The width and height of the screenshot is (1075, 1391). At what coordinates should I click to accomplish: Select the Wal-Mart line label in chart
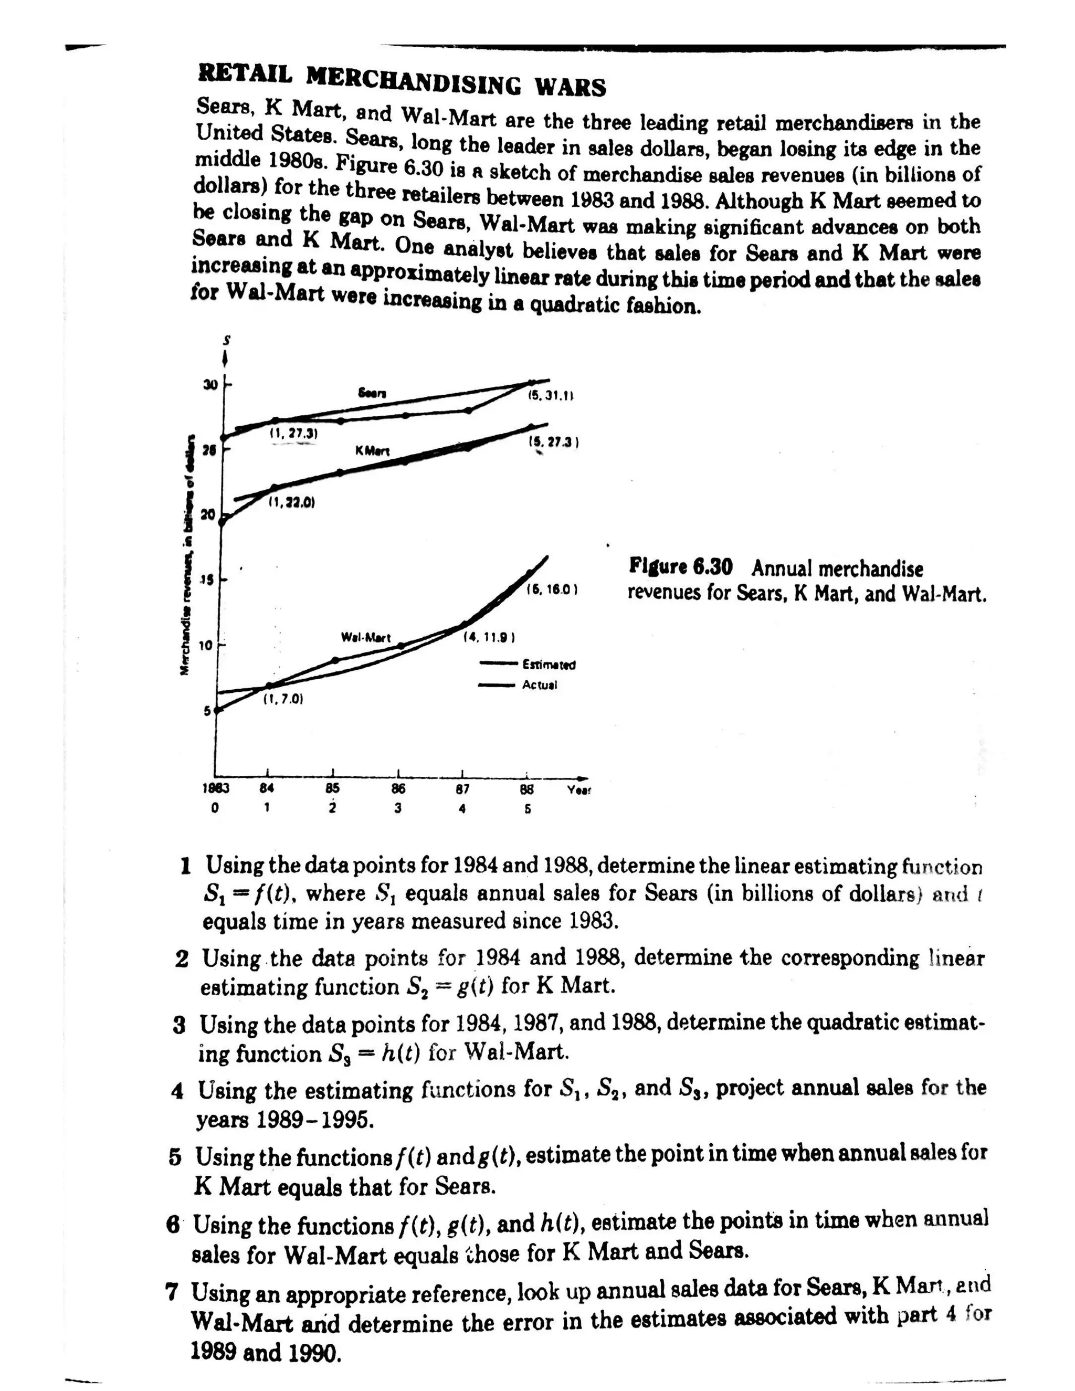[x=365, y=637]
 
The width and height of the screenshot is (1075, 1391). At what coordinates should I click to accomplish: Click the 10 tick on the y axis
[x=205, y=645]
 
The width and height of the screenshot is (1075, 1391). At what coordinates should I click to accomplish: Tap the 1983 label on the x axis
[x=215, y=788]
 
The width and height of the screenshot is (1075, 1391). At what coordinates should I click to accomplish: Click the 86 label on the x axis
[x=397, y=788]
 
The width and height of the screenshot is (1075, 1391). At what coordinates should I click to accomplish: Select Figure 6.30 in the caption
[x=680, y=566]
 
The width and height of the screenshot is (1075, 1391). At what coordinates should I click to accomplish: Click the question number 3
[x=180, y=1026]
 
